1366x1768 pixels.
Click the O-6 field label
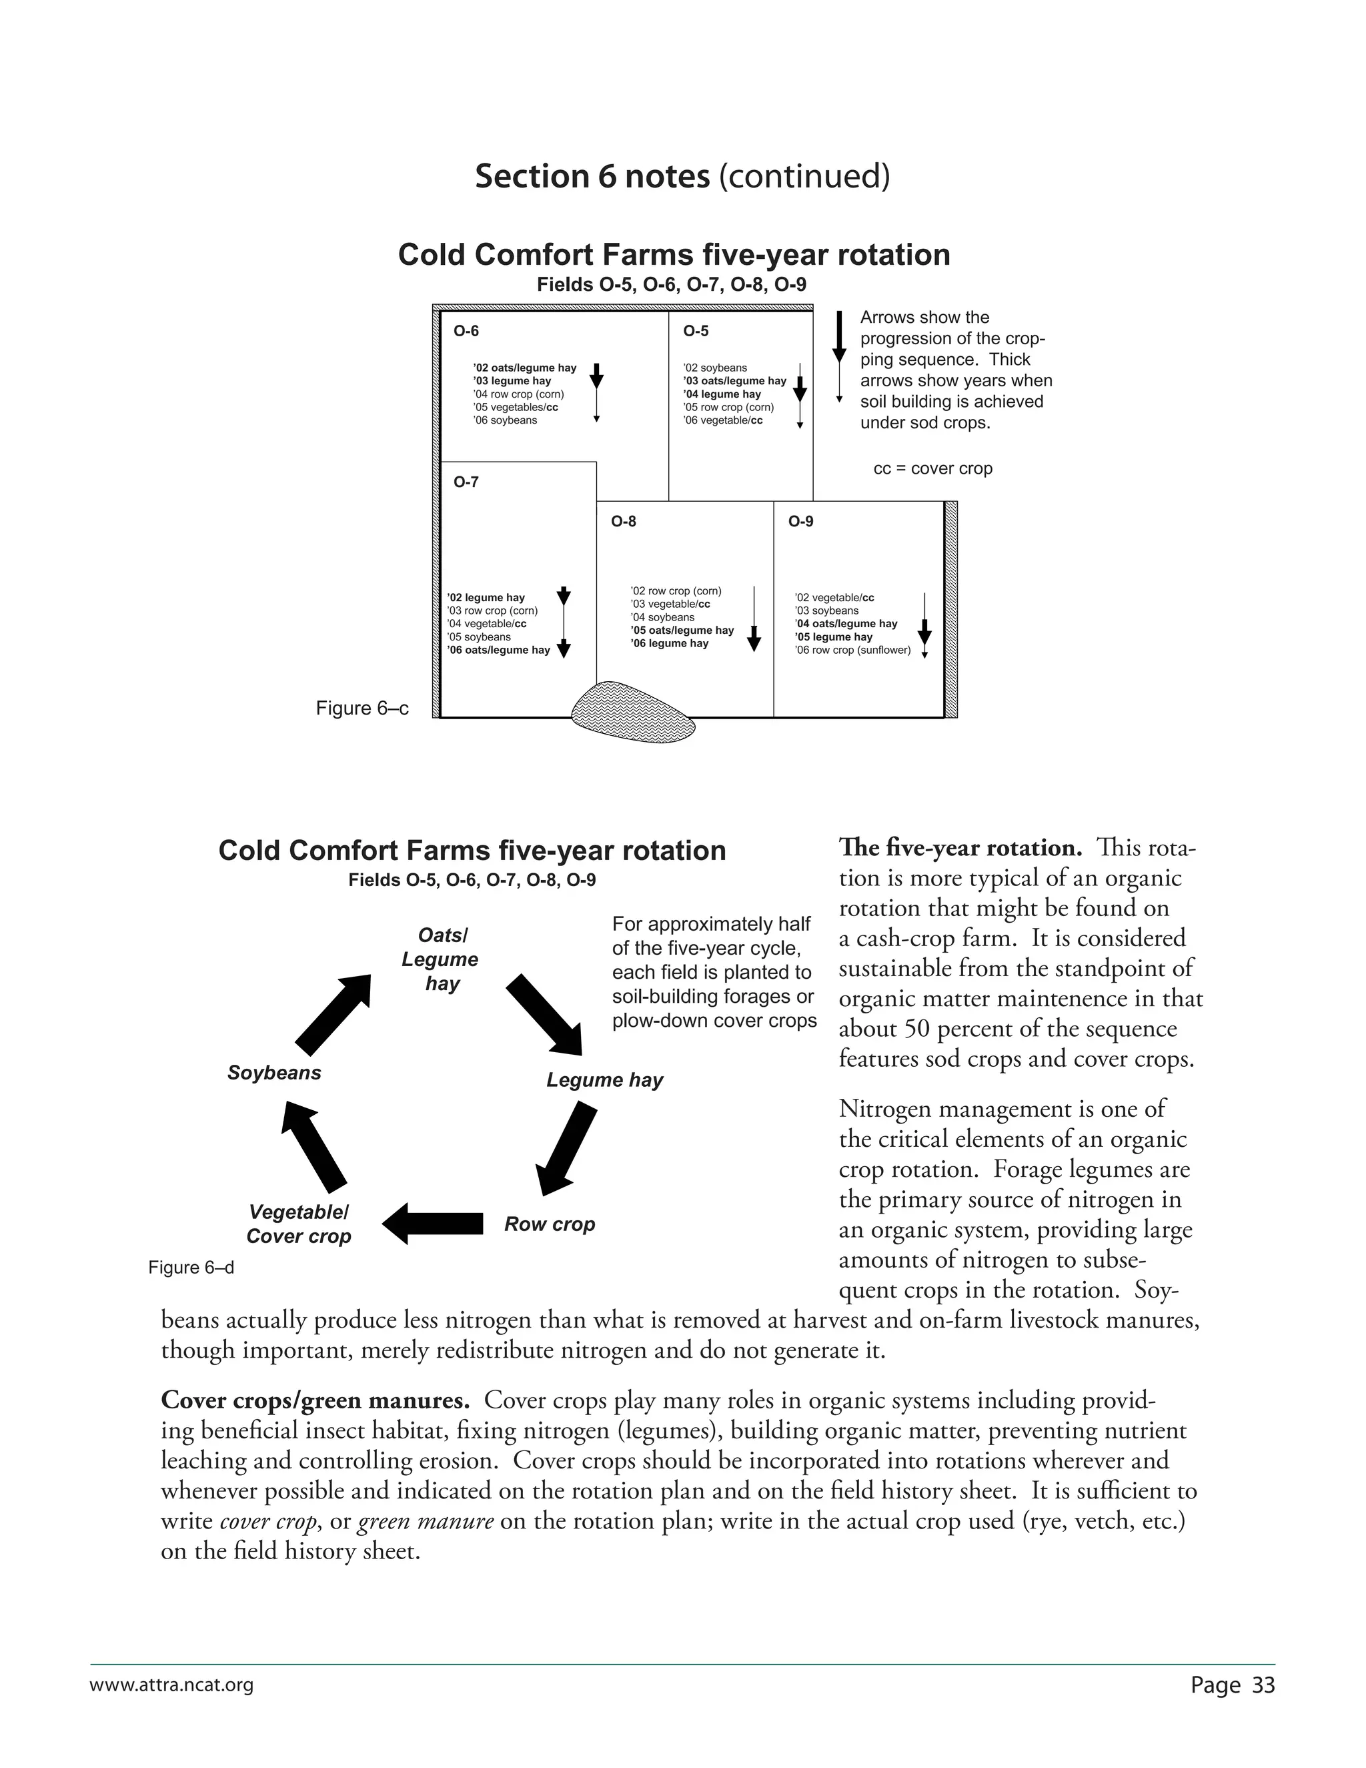[x=466, y=331]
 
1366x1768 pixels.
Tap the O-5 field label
[x=695, y=331]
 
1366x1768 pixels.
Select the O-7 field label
[x=466, y=482]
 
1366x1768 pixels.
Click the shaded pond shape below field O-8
[x=632, y=713]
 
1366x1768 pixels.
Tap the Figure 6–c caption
[x=362, y=709]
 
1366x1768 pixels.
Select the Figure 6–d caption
[x=191, y=1268]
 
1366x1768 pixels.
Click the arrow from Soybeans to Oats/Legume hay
[x=333, y=1014]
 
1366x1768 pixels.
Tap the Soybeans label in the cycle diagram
[x=274, y=1073]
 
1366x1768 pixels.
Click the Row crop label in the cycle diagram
[x=550, y=1224]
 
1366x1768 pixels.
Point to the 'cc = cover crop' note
[x=932, y=469]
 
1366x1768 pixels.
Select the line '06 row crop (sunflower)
[x=852, y=650]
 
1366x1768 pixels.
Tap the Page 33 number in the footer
[x=1233, y=1685]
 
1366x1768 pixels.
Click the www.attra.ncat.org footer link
[x=171, y=1685]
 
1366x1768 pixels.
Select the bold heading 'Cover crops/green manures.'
[x=315, y=1400]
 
